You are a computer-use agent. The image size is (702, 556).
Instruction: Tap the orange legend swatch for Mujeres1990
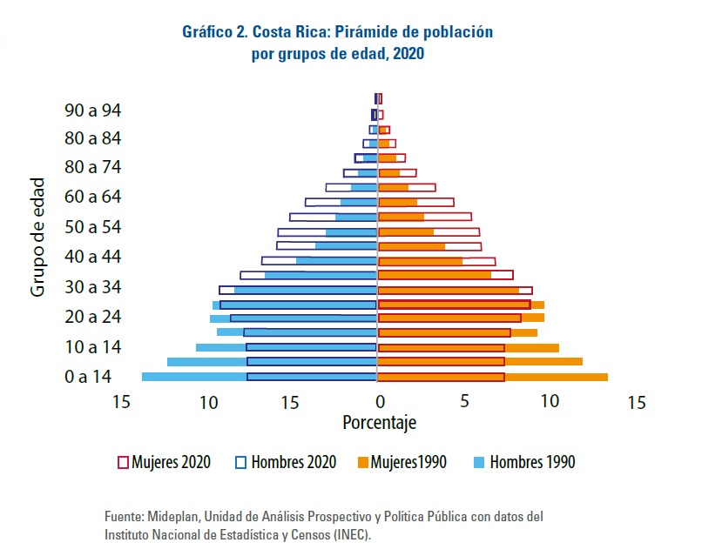364,462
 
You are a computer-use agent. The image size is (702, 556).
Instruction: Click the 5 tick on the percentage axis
465,403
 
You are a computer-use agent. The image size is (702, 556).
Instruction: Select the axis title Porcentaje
379,424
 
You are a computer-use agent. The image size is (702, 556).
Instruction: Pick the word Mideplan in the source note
174,516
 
